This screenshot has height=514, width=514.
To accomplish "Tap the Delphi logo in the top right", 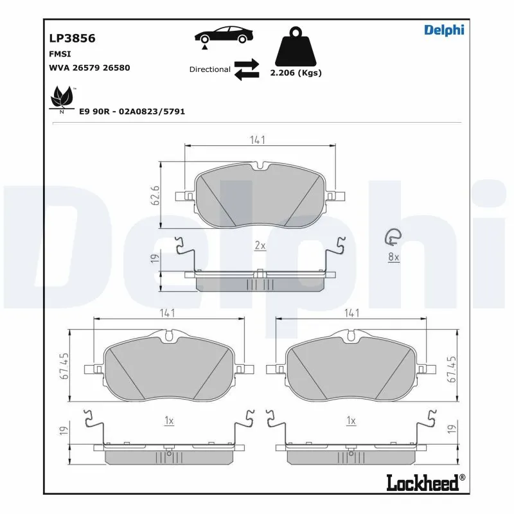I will [443, 30].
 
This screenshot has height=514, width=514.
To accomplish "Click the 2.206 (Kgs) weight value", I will [296, 73].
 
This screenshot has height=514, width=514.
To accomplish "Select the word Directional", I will [209, 69].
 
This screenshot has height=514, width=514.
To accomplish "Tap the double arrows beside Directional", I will [246, 69].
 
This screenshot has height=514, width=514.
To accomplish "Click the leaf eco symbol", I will [62, 99].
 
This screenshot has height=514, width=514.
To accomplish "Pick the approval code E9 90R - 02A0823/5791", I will [132, 111].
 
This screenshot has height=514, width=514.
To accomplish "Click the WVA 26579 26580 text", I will [89, 67].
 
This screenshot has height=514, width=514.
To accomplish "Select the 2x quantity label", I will [260, 245].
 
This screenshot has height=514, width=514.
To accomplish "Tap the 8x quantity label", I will [393, 257].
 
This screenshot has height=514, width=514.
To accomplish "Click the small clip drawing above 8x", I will [391, 238].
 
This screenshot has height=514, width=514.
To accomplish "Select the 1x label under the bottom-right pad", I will [351, 421].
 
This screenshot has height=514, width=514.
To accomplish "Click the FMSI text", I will [60, 54].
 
